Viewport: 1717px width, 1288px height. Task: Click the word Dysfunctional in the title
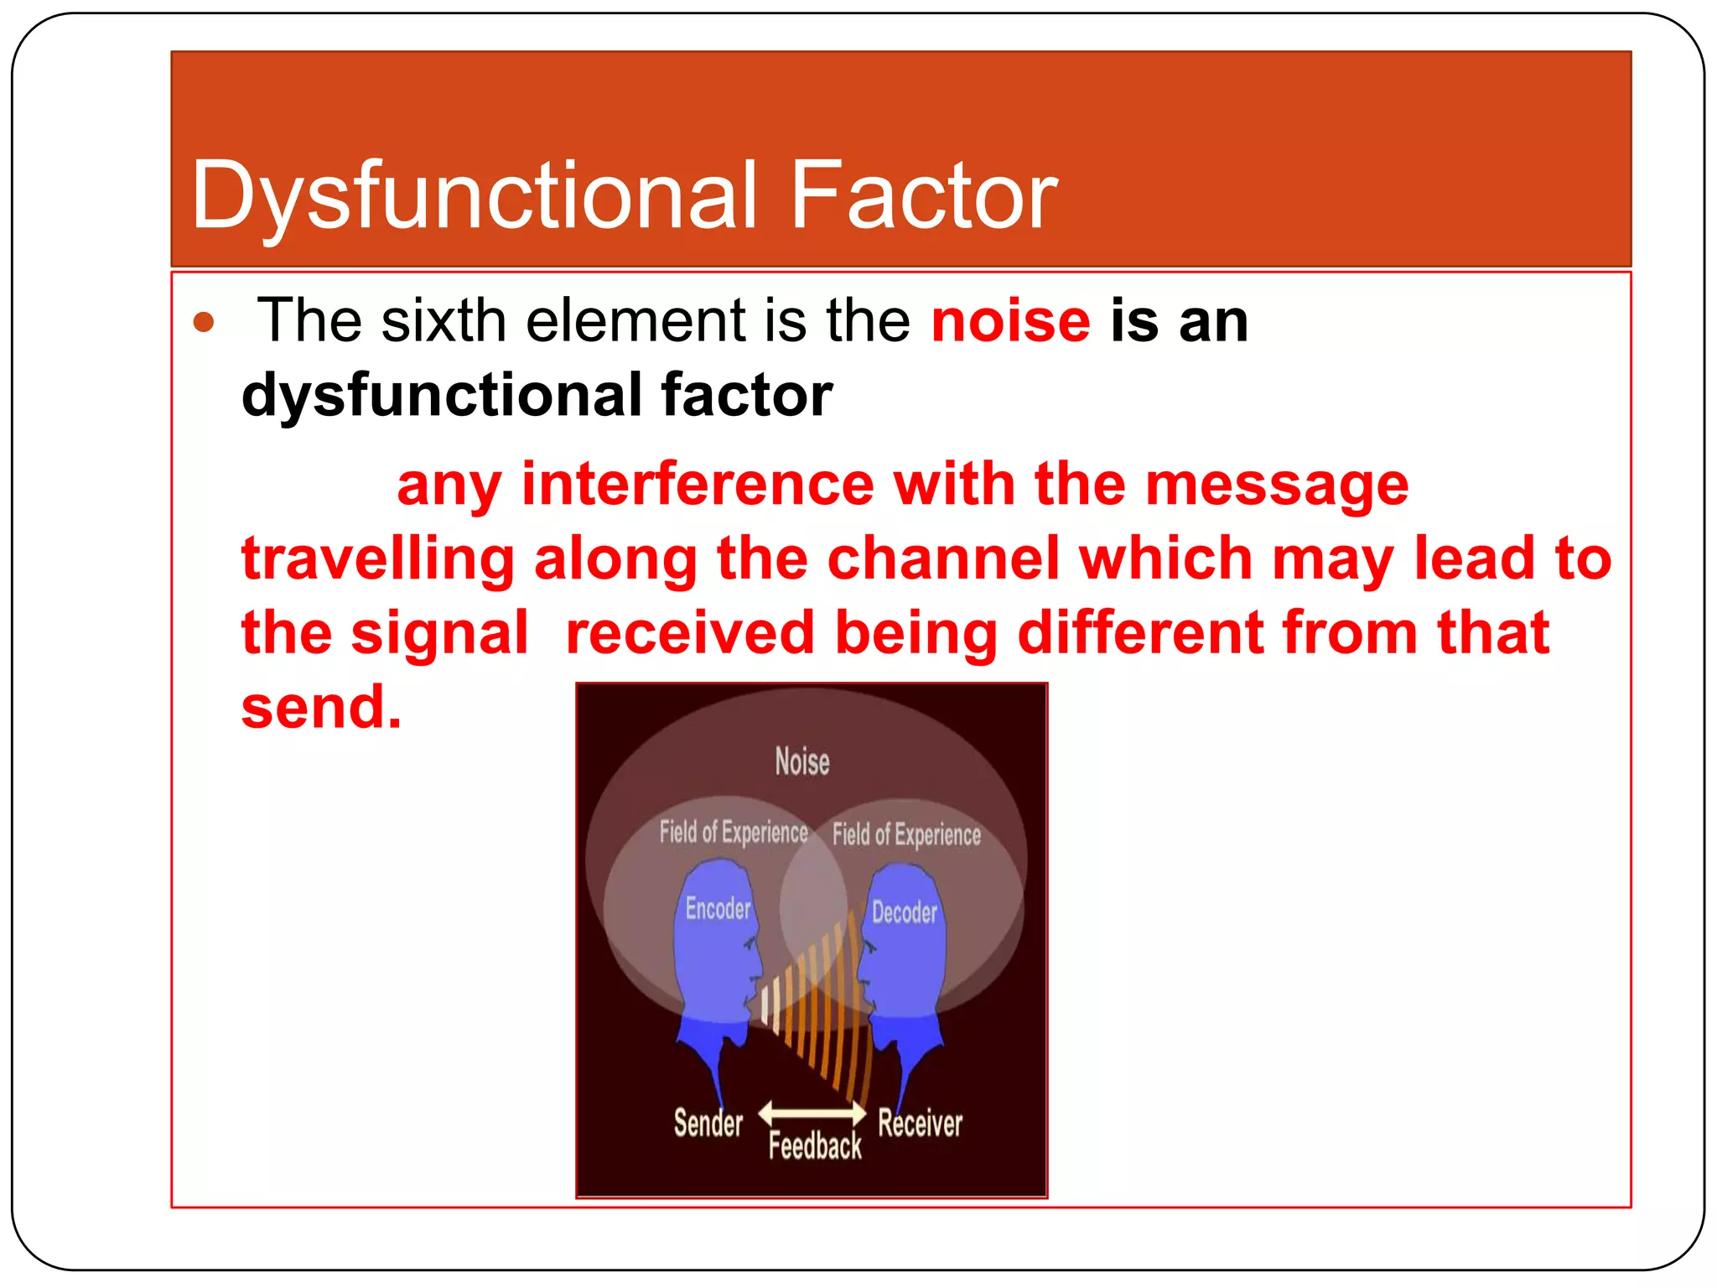pos(474,197)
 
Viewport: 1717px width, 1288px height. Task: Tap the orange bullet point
pos(204,322)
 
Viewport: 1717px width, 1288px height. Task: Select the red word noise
pos(1010,321)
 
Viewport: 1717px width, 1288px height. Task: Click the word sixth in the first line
pos(444,321)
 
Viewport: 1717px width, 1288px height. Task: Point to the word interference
pos(698,485)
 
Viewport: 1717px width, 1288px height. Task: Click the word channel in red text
pos(943,558)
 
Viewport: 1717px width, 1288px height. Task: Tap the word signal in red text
pos(439,633)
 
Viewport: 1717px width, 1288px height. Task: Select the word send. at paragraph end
pos(321,707)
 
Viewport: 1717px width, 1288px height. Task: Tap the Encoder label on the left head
pos(718,908)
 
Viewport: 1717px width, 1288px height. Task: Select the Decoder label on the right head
pos(904,912)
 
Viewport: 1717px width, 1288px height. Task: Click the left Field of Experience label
pos(733,832)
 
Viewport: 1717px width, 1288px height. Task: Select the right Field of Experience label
pos(906,835)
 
